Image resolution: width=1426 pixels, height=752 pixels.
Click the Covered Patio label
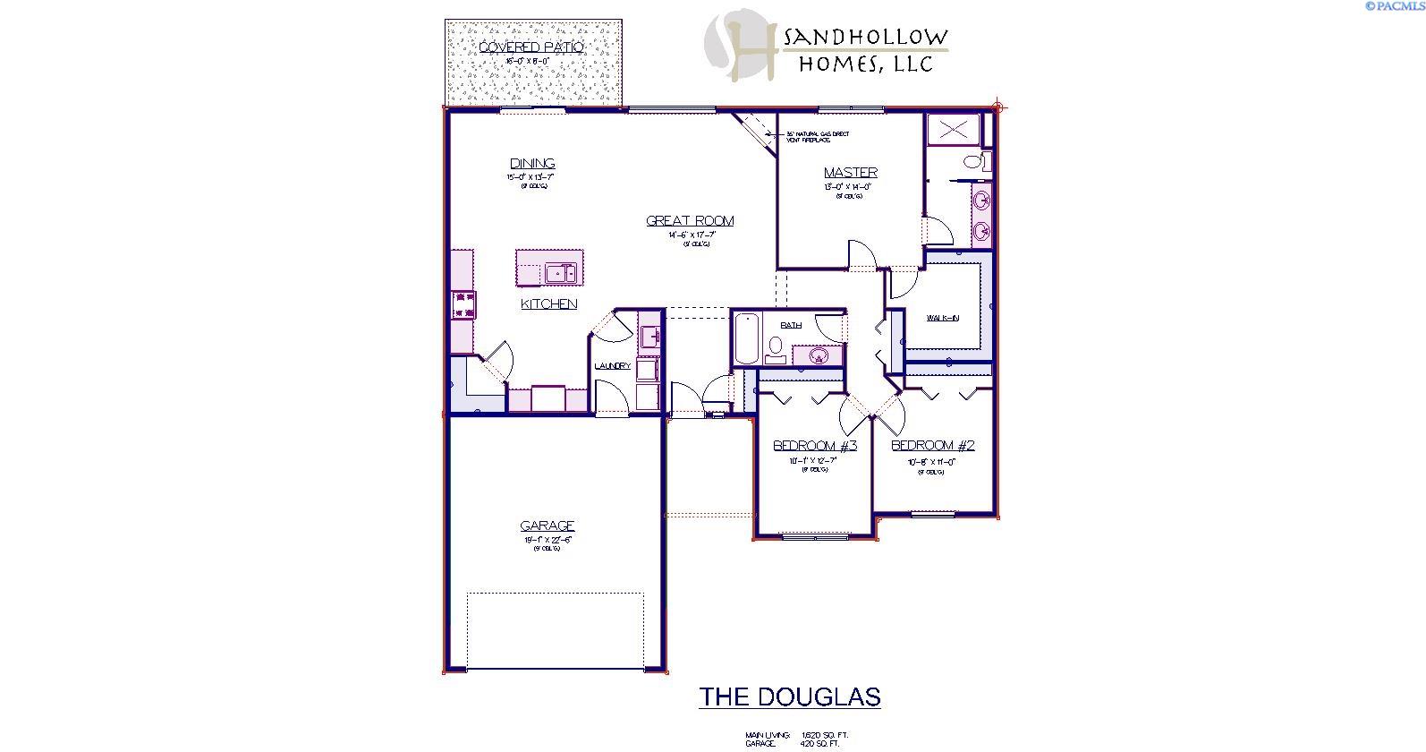pos(531,47)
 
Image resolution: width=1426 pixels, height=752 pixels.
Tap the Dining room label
pos(532,163)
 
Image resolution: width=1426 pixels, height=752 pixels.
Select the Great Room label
pos(690,220)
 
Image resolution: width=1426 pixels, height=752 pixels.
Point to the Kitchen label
pos(548,303)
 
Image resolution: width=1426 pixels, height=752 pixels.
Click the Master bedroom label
pos(850,172)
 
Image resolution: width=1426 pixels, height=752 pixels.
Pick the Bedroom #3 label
pos(815,446)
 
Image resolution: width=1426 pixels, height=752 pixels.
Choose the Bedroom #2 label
pos(932,445)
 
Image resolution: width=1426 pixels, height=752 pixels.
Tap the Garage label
pos(547,526)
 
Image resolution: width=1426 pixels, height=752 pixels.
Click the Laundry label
pos(613,365)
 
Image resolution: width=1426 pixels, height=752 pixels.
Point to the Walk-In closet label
pos(943,318)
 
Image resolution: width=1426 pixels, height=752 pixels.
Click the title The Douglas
pos(789,696)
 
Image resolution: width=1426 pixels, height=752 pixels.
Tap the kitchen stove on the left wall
pos(463,304)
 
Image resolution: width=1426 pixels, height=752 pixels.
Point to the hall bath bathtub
pos(746,338)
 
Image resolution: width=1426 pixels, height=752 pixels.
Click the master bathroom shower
pos(953,130)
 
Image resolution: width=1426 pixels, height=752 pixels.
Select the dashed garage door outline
pos(555,630)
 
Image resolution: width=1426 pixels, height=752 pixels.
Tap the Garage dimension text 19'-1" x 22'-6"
pos(547,540)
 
